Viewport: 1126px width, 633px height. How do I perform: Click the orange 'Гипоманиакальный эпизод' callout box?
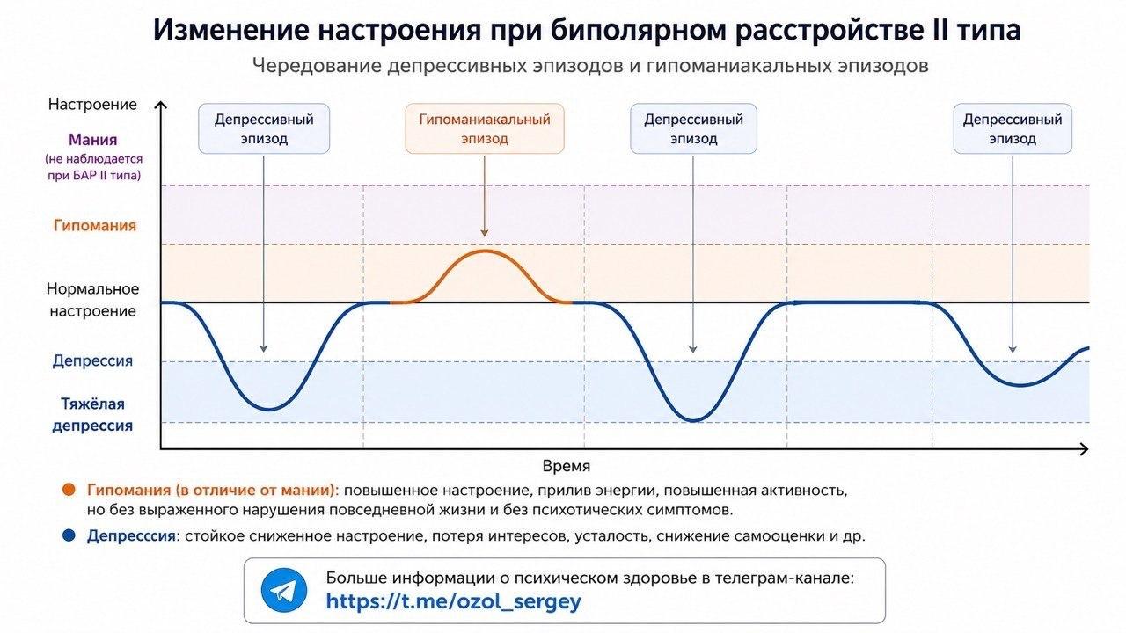point(485,128)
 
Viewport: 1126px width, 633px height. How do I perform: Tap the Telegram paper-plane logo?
point(284,590)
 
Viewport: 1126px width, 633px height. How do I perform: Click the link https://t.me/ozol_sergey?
point(453,600)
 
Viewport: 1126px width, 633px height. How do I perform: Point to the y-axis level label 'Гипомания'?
point(95,225)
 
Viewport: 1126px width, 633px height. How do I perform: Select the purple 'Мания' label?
point(93,140)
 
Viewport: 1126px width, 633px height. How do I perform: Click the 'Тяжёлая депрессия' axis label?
point(93,414)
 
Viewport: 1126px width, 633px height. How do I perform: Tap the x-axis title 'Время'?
point(567,466)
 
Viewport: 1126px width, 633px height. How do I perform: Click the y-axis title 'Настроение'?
point(92,104)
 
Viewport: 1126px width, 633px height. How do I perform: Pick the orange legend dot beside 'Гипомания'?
point(69,490)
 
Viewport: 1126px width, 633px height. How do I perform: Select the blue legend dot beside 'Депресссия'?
point(69,535)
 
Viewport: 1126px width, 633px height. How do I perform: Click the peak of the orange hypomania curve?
point(485,251)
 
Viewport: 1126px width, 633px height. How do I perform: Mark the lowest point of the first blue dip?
point(269,409)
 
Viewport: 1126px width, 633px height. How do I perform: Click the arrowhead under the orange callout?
point(485,233)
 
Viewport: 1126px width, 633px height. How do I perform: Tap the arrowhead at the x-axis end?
point(1084,449)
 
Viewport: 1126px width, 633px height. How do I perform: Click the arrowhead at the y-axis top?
point(160,105)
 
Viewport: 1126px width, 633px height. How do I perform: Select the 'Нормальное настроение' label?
point(93,300)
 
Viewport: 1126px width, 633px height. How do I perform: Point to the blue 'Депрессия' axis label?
point(93,360)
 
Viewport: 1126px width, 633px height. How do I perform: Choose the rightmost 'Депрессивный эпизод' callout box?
point(1013,128)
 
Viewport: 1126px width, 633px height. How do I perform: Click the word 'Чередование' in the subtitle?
point(317,66)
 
